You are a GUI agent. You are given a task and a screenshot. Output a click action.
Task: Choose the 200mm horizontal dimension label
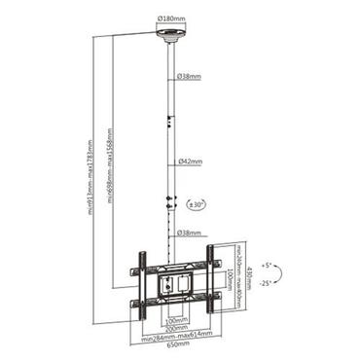click(x=175, y=327)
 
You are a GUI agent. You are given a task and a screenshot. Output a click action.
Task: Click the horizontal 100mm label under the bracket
click(x=175, y=316)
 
